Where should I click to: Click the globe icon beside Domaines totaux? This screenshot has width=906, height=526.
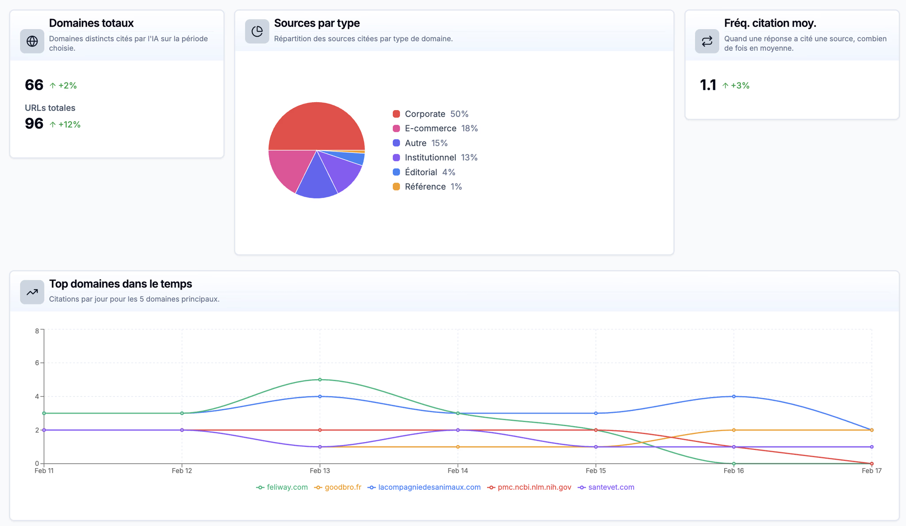click(x=32, y=41)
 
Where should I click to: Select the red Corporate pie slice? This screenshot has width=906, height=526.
click(x=317, y=126)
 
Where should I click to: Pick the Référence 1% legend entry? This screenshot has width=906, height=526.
click(x=427, y=187)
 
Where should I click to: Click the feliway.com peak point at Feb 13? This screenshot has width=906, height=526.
click(x=320, y=380)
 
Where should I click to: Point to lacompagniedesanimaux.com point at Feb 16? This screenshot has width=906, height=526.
click(x=734, y=396)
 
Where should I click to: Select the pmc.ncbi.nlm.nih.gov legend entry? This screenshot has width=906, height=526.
click(x=530, y=487)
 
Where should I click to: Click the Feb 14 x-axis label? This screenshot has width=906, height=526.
click(x=458, y=471)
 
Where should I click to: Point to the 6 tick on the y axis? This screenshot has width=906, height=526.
click(x=37, y=363)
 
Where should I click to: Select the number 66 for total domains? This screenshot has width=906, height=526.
click(x=34, y=85)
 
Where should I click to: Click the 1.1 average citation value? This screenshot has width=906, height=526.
click(x=708, y=85)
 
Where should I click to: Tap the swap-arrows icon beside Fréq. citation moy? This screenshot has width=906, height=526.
click(x=707, y=41)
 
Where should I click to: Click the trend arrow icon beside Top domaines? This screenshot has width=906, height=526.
click(x=32, y=292)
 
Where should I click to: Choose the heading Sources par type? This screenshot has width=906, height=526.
click(x=317, y=23)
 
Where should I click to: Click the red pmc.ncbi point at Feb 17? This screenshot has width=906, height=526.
click(x=871, y=464)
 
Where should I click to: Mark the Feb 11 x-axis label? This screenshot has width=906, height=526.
click(x=44, y=471)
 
